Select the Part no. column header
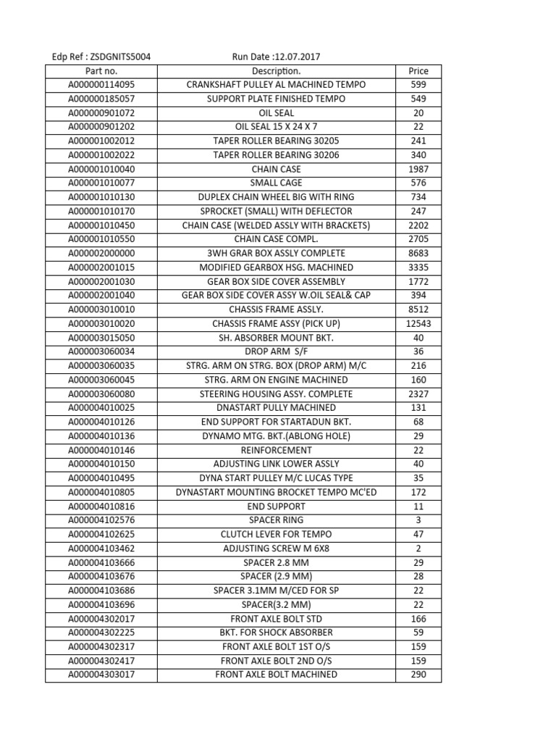[x=101, y=71]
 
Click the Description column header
[x=276, y=71]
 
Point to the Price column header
[x=418, y=71]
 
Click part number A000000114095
[x=101, y=85]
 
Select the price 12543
[x=418, y=323]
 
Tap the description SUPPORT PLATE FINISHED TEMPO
[x=276, y=99]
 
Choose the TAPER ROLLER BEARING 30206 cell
[x=276, y=155]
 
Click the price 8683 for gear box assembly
[x=418, y=253]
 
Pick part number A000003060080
[x=101, y=393]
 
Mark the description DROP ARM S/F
[x=276, y=351]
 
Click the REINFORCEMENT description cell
[x=276, y=450]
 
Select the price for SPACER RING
[x=418, y=520]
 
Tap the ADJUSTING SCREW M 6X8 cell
[x=276, y=549]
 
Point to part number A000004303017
[x=101, y=675]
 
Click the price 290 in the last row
[x=418, y=675]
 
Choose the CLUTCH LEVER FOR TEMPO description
[x=276, y=534]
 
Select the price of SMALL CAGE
[x=418, y=183]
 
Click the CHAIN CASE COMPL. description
[x=276, y=239]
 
